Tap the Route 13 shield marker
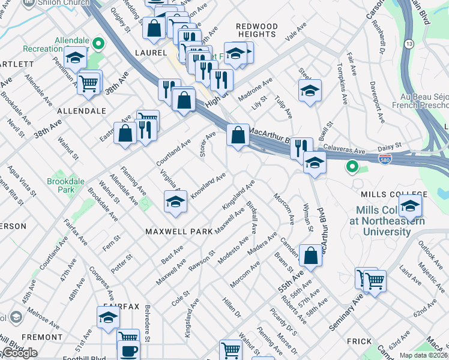[409, 44]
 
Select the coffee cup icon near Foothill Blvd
[128, 350]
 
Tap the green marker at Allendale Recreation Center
[97, 43]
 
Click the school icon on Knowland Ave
[175, 203]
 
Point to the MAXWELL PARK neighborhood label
[178, 231]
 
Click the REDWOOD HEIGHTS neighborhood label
[257, 31]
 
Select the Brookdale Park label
[60, 185]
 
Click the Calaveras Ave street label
[345, 149]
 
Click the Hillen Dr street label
[231, 310]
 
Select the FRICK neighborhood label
[360, 341]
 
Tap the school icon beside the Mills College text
[410, 205]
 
